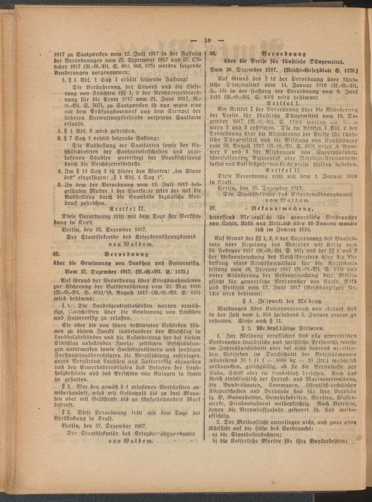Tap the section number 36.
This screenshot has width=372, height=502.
point(214,53)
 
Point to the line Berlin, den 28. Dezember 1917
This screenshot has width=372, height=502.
point(260,189)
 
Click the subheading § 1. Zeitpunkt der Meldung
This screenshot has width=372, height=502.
point(282,301)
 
